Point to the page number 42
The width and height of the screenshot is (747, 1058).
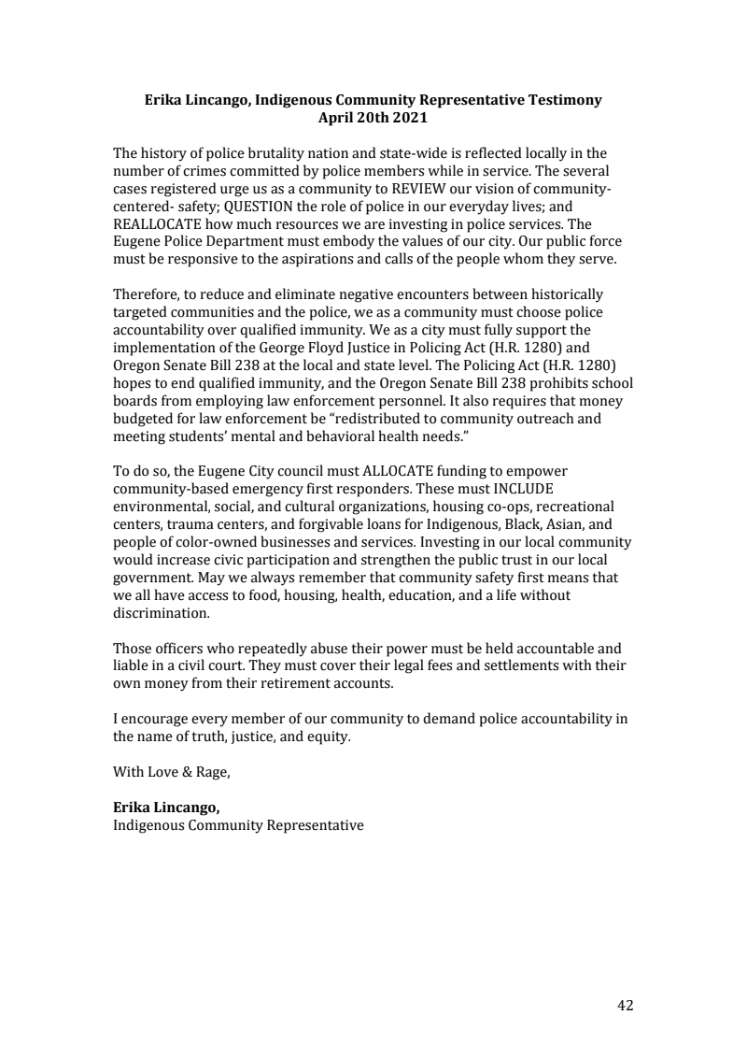click(x=625, y=1006)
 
